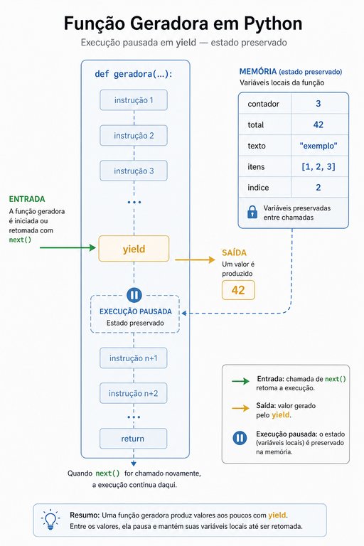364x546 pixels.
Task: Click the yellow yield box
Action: pyautogui.click(x=134, y=249)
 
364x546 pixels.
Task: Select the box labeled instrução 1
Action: pyautogui.click(x=134, y=100)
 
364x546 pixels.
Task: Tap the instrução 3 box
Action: pyautogui.click(x=134, y=171)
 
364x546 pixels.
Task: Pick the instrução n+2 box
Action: pyautogui.click(x=134, y=393)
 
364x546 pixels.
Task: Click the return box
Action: pyautogui.click(x=134, y=439)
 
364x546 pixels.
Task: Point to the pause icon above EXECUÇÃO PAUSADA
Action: pyautogui.click(x=134, y=295)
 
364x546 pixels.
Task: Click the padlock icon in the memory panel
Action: pyautogui.click(x=252, y=212)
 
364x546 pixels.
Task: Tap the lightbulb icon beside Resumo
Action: pyautogui.click(x=50, y=520)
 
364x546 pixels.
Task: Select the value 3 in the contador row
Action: pyautogui.click(x=318, y=103)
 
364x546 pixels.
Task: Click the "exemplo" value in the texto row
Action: pyautogui.click(x=318, y=146)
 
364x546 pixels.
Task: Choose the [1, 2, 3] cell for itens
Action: pyautogui.click(x=318, y=166)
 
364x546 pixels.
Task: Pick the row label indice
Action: pyautogui.click(x=258, y=188)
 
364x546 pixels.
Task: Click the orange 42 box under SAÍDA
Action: pyautogui.click(x=238, y=290)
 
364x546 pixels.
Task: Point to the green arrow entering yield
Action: pyautogui.click(x=68, y=247)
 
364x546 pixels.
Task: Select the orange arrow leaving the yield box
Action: pyautogui.click(x=195, y=259)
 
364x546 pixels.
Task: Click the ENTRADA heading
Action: pyautogui.click(x=27, y=199)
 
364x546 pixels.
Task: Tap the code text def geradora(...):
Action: pyautogui.click(x=134, y=74)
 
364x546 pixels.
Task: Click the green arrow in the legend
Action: pyautogui.click(x=241, y=381)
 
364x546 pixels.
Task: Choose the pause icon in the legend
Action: pyautogui.click(x=240, y=438)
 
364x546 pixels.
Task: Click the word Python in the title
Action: pyautogui.click(x=273, y=24)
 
